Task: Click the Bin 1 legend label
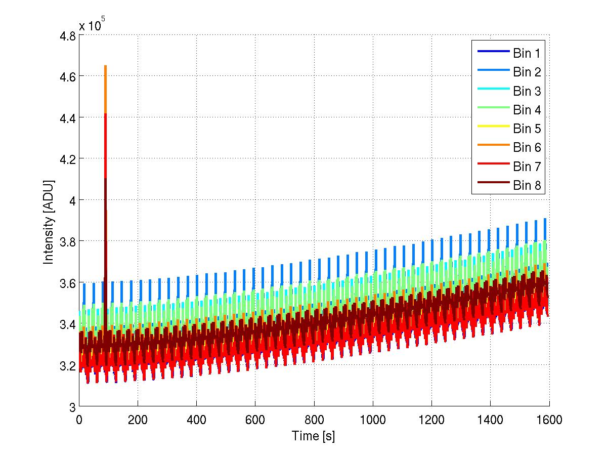[x=527, y=53]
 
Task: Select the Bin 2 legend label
[x=527, y=72]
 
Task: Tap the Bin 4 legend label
[x=527, y=110]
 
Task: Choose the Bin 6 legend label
[x=527, y=147]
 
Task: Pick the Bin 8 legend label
[x=527, y=186]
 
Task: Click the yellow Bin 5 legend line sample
[x=492, y=129]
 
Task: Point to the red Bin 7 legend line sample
[x=492, y=167]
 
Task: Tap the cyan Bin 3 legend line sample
[x=492, y=91]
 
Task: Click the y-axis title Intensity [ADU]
[x=49, y=221]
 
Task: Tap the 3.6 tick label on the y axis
[x=67, y=283]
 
